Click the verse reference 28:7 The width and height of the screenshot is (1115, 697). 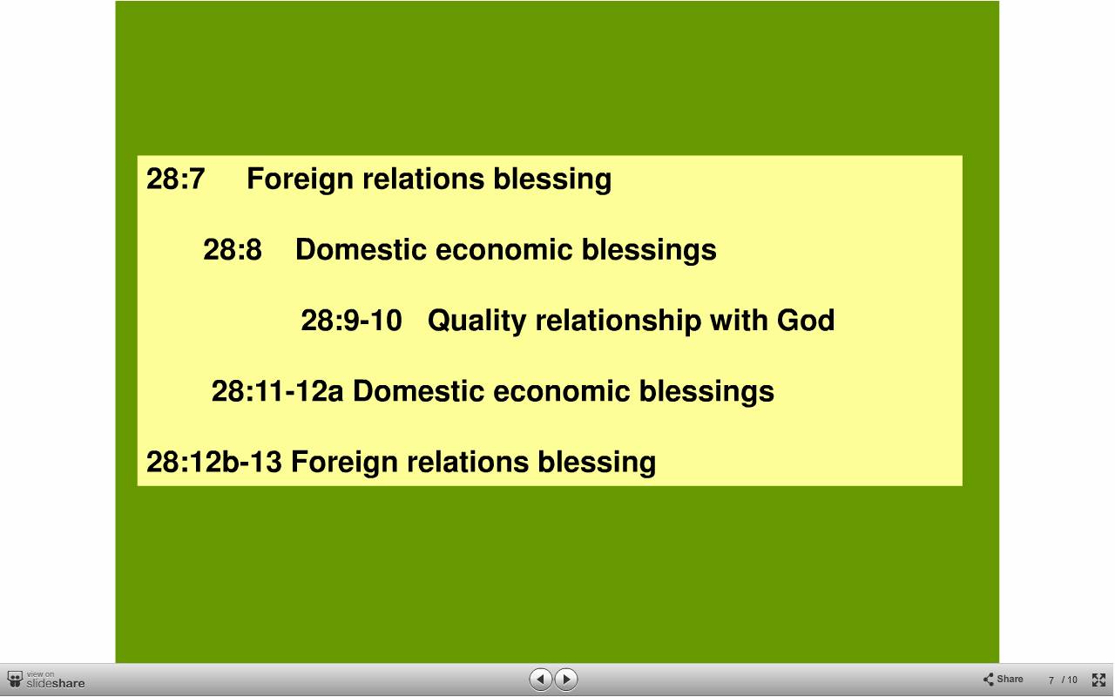175,179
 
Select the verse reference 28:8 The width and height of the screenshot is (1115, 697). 233,249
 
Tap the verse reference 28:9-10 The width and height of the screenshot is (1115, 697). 351,320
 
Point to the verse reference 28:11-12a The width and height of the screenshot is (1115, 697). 277,391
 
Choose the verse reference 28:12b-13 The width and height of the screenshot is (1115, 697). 214,462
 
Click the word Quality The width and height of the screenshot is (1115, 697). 476,321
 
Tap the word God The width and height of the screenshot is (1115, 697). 806,320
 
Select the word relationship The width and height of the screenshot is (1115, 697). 618,321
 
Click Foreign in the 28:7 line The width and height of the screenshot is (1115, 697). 300,180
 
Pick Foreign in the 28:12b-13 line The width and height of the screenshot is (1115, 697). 344,463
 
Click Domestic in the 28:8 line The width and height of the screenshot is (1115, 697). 361,249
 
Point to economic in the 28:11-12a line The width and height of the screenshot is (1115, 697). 562,391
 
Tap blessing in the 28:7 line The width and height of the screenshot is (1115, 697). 552,180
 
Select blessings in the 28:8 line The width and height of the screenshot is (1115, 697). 649,251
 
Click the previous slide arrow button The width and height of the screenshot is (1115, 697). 540,679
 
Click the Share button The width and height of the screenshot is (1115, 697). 1003,679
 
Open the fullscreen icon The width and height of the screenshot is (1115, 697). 1098,680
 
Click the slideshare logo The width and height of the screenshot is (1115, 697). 46,680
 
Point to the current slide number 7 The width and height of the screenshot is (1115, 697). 1051,680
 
